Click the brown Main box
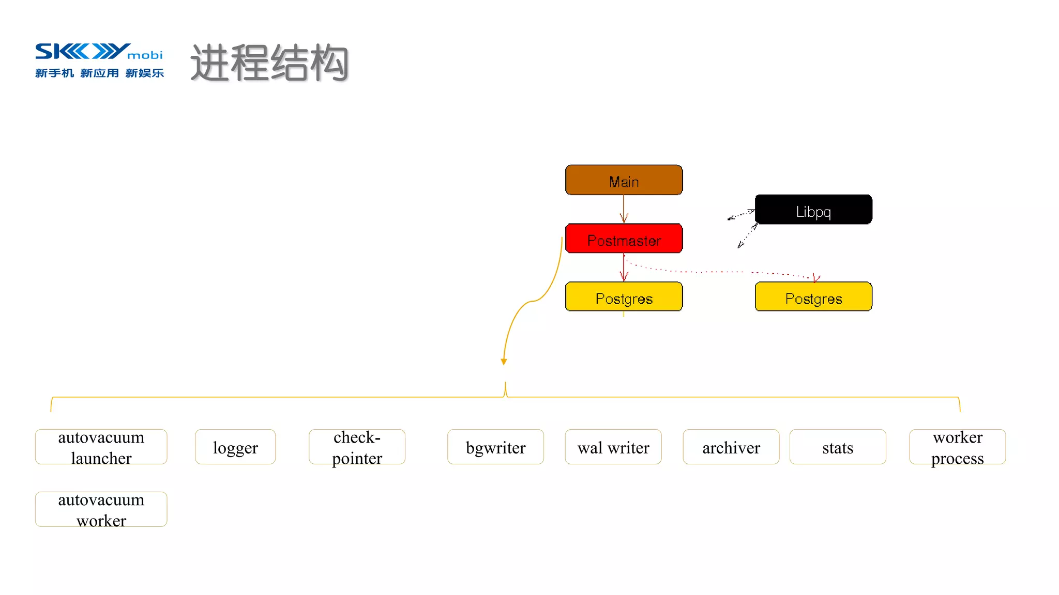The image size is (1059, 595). [624, 180]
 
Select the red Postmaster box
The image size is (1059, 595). [624, 239]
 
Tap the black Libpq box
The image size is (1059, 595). [813, 210]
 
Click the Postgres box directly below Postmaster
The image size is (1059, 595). [624, 297]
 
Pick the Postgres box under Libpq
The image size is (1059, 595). [813, 297]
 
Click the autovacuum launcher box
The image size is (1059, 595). [101, 447]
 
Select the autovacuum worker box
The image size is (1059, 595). [101, 510]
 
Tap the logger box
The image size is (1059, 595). [235, 447]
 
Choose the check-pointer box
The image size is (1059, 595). [357, 447]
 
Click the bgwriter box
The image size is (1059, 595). [495, 447]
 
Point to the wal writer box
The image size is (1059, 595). [613, 447]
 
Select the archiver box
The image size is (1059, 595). [731, 447]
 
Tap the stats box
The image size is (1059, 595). [838, 447]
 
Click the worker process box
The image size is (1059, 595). [958, 447]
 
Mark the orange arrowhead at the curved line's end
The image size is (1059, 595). [504, 362]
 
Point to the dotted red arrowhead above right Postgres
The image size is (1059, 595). [816, 278]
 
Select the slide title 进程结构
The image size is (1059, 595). [269, 63]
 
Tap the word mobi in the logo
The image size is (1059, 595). [145, 55]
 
